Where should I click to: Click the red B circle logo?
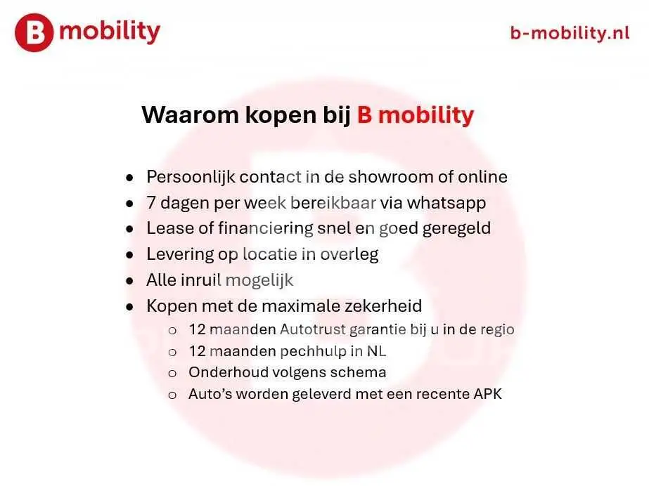point(34,32)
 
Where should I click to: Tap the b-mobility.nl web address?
point(570,32)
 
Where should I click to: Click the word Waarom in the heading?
point(190,114)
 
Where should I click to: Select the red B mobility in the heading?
point(415,114)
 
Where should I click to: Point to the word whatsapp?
point(446,204)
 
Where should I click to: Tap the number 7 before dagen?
point(151,203)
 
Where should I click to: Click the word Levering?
point(179,254)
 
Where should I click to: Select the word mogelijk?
point(259,281)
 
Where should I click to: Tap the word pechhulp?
point(314,351)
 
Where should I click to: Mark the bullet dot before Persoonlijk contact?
point(130,178)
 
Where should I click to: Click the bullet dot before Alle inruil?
point(130,281)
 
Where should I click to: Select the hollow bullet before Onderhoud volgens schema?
point(172,374)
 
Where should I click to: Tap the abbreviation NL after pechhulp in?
point(376,351)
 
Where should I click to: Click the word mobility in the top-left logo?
point(110,32)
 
